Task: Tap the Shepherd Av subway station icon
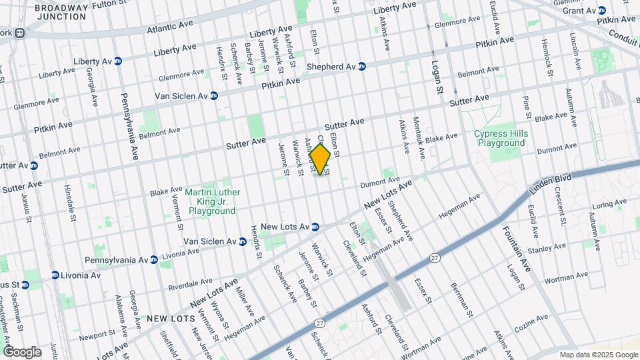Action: point(362,67)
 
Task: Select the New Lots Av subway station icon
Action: point(315,227)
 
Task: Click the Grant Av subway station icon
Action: point(601,10)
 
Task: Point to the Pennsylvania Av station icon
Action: point(154,259)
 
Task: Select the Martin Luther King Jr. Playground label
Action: point(213,201)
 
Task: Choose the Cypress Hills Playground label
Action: point(499,138)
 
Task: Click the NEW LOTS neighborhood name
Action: point(171,319)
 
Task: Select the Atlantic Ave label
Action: point(170,26)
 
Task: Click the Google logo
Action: point(21,352)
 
